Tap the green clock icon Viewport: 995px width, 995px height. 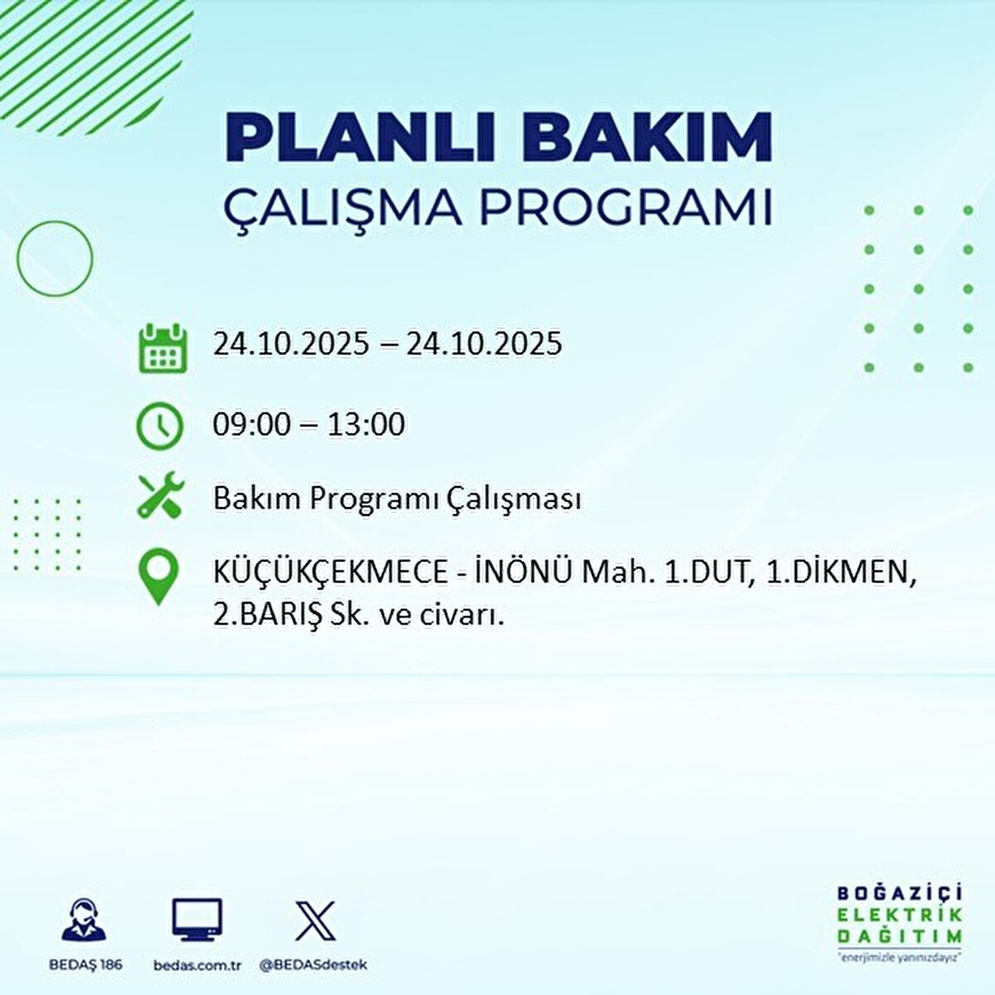point(159,425)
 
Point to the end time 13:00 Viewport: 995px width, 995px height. point(366,425)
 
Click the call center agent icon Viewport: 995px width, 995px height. point(85,920)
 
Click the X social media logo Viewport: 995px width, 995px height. point(315,920)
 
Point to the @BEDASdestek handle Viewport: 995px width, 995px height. point(313,965)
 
